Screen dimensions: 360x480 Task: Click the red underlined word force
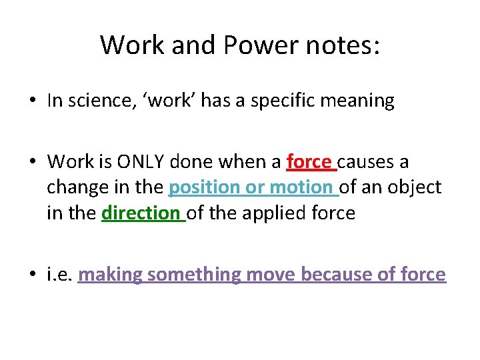309,162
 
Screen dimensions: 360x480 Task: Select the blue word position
204,189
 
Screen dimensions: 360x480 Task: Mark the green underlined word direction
141,214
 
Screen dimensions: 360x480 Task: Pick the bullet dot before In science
32,101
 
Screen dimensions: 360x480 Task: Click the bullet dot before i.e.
32,275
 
